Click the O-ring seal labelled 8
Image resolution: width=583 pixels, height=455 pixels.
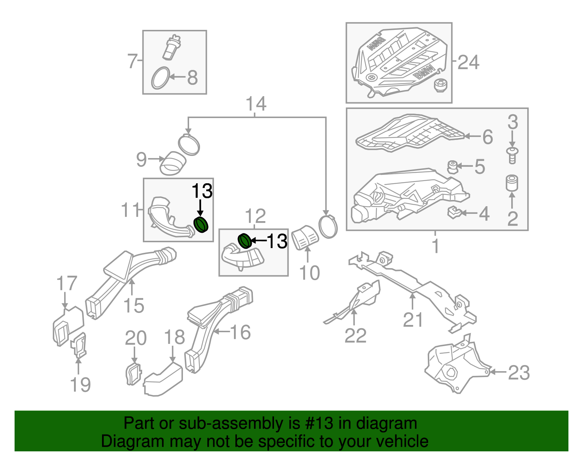coord(160,78)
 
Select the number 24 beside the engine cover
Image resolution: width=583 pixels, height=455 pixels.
coord(468,62)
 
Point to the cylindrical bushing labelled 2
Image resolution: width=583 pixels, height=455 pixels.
coord(512,183)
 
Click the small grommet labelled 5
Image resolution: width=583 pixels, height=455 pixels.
coord(453,167)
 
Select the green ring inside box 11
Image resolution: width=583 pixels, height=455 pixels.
coord(200,224)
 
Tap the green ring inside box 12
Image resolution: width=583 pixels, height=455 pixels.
coord(244,241)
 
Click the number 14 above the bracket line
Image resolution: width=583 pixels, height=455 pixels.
coord(256,104)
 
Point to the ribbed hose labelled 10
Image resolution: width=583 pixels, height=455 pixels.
coord(306,237)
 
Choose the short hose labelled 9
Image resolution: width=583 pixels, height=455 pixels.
coord(173,164)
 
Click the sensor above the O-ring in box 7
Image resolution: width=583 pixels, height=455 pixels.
coord(172,47)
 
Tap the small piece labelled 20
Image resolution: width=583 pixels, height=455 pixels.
coord(133,373)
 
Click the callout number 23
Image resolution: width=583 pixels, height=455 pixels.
coord(519,373)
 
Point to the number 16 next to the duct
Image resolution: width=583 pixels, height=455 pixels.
coord(240,332)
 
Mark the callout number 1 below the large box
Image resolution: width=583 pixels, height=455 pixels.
coord(436,246)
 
